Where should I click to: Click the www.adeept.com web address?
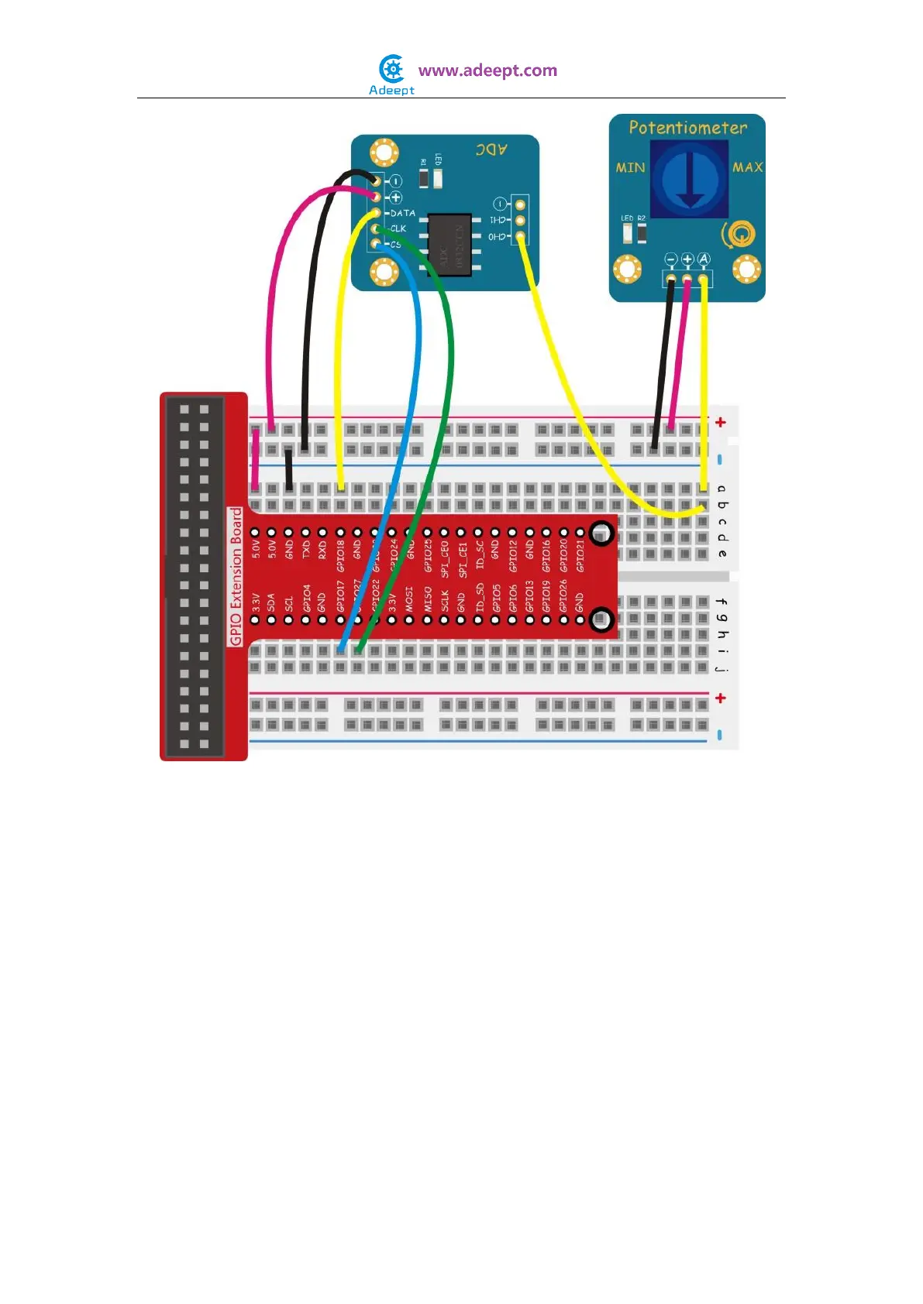tap(487, 70)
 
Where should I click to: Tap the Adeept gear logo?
tap(392, 70)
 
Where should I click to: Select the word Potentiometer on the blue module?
tap(687, 128)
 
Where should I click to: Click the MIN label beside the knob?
tap(630, 167)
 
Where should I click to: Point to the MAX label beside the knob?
tap(747, 167)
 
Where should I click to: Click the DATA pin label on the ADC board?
tap(403, 213)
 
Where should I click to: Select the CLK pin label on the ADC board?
tap(398, 228)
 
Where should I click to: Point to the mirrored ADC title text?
tap(491, 149)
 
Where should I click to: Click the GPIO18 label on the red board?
tap(340, 555)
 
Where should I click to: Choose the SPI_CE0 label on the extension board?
tap(444, 558)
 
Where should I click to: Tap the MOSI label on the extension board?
tap(409, 600)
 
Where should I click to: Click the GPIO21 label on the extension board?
tap(580, 555)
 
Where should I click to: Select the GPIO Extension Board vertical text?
tap(236, 576)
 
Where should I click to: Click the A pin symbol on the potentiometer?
tap(704, 259)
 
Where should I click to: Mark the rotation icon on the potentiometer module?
tap(739, 234)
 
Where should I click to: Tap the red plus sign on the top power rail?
tap(721, 422)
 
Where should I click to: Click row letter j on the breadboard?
tap(722, 667)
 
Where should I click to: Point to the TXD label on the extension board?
tap(306, 549)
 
